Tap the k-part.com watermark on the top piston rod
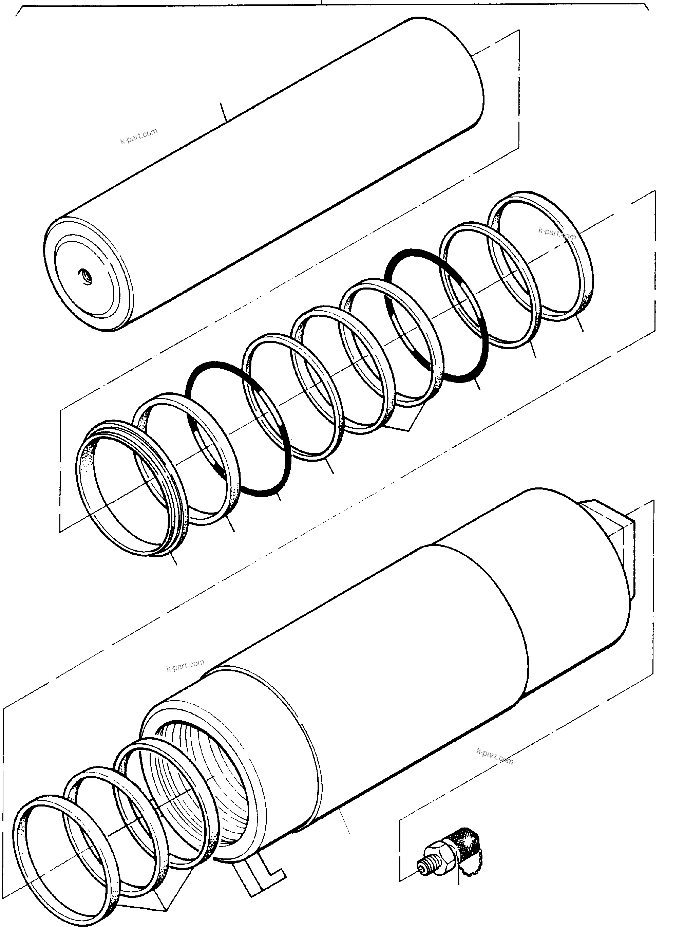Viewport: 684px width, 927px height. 139,136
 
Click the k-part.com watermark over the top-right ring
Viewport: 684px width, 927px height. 557,234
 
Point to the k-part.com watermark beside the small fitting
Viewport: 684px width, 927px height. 495,756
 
